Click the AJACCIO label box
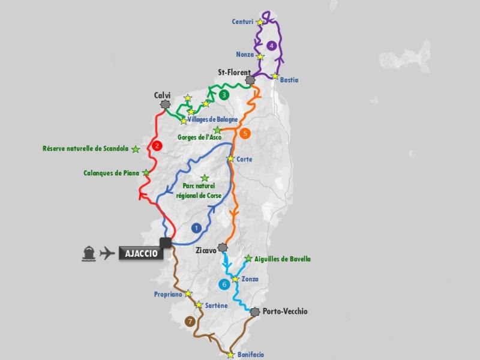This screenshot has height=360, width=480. [x=141, y=253]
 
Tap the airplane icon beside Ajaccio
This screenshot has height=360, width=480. [x=107, y=253]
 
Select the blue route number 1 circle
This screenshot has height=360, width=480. [x=196, y=227]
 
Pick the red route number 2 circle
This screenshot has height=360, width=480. [x=157, y=145]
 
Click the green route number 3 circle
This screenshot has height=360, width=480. [x=224, y=95]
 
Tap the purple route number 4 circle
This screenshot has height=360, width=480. [x=272, y=45]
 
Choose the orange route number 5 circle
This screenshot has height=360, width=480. [x=245, y=133]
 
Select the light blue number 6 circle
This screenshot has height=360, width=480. [x=224, y=284]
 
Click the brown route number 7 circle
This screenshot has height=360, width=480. [x=191, y=321]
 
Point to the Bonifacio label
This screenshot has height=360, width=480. [x=250, y=355]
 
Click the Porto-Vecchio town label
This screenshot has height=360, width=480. [x=285, y=311]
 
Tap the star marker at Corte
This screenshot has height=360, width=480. [x=230, y=159]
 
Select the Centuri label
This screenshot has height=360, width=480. [x=242, y=22]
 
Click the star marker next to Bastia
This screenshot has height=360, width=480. [x=275, y=76]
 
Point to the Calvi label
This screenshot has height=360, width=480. [x=163, y=95]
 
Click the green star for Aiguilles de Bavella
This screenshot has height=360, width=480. [x=248, y=259]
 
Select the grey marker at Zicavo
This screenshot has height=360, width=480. [x=223, y=247]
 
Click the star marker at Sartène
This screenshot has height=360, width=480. [x=199, y=305]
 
